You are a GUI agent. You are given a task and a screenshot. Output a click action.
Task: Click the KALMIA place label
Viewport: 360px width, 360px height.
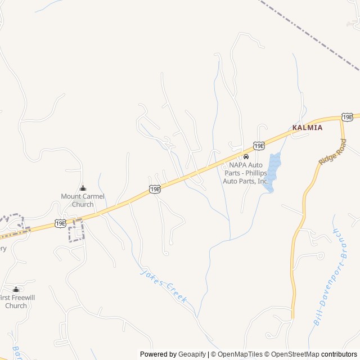tap(307, 128)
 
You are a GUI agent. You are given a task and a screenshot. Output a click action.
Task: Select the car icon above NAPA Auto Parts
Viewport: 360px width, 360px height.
tap(246, 156)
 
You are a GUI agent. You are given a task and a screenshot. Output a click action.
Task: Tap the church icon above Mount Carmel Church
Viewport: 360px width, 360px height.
tap(83, 188)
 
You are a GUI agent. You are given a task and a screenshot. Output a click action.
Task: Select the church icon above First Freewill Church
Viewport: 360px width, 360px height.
tap(16, 290)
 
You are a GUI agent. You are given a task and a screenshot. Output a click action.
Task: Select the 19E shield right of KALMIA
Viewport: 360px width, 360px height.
tap(348, 117)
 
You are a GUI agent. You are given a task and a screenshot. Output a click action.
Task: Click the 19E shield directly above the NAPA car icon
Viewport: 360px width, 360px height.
tap(259, 146)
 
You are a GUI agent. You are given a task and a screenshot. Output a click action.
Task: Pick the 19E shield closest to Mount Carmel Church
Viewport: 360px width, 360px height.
tap(61, 223)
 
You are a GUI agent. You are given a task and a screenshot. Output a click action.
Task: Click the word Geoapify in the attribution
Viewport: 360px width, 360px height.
tap(192, 354)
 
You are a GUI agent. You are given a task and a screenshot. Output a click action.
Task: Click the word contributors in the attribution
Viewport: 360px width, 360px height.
tap(340, 354)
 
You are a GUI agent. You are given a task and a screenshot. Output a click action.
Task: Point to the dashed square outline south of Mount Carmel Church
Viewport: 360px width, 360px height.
tap(75, 231)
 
